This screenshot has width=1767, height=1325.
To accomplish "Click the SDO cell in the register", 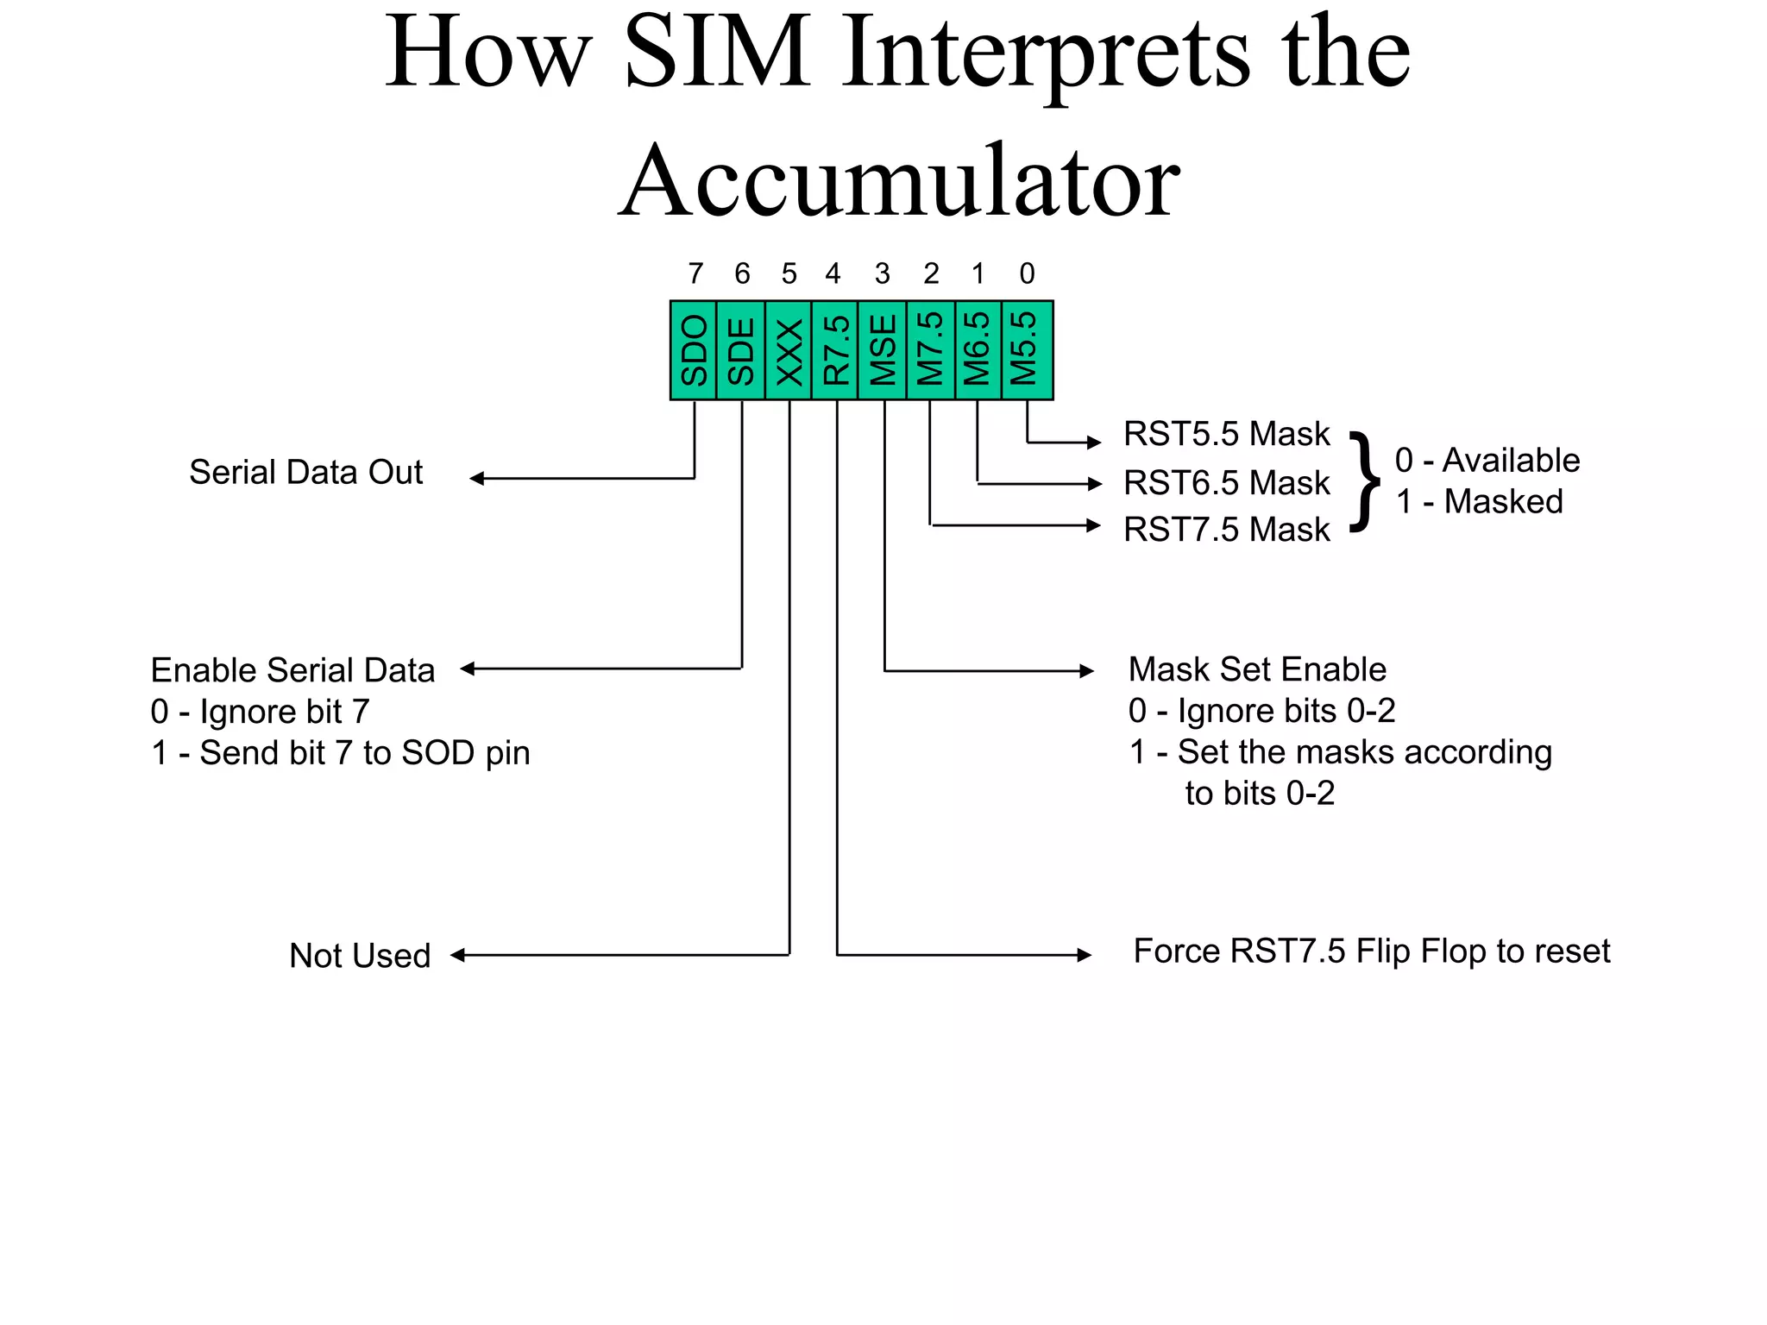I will pyautogui.click(x=694, y=350).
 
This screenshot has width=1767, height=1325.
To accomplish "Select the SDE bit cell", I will pyautogui.click(x=741, y=350).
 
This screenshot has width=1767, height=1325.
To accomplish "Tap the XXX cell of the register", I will pyautogui.click(x=789, y=350).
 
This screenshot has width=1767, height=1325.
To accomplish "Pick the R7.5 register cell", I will pyautogui.click(x=835, y=350).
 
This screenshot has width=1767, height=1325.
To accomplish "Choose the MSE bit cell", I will pyautogui.click(x=883, y=350).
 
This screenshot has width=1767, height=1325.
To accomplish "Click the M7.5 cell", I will pyautogui.click(x=930, y=350).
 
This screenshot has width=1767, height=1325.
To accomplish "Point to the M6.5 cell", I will pyautogui.click(x=978, y=350).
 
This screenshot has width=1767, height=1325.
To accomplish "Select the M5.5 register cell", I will pyautogui.click(x=1026, y=350).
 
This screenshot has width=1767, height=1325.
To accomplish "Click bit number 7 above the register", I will pyautogui.click(x=695, y=274).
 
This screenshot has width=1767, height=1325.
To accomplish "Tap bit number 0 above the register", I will pyautogui.click(x=1027, y=274).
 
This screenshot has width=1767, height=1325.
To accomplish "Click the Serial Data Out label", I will pyautogui.click(x=305, y=473).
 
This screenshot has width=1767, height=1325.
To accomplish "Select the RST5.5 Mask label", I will pyautogui.click(x=1226, y=434).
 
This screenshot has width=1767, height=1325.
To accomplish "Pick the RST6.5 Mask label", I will pyautogui.click(x=1226, y=483).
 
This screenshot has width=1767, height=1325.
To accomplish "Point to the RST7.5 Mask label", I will pyautogui.click(x=1226, y=530).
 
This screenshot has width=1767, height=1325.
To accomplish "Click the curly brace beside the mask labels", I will pyautogui.click(x=1364, y=481).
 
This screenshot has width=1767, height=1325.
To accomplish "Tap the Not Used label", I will pyautogui.click(x=360, y=956).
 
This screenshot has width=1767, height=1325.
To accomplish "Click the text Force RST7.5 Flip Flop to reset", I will pyautogui.click(x=1371, y=951).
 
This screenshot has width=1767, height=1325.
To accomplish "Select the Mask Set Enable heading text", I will pyautogui.click(x=1257, y=669).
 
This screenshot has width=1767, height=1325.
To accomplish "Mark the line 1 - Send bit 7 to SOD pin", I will pyautogui.click(x=340, y=753).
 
